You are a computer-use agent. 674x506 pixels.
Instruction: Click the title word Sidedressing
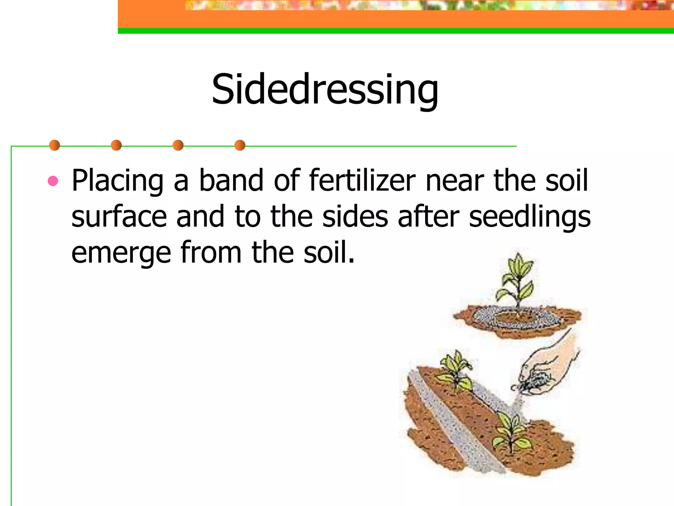pos(325,90)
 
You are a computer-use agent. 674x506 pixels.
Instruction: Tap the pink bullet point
pos(53,181)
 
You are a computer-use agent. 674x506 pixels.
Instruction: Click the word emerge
pos(121,253)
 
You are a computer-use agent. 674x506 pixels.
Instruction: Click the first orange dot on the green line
pos(54,145)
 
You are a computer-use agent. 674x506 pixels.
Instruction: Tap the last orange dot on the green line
pos(240,145)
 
